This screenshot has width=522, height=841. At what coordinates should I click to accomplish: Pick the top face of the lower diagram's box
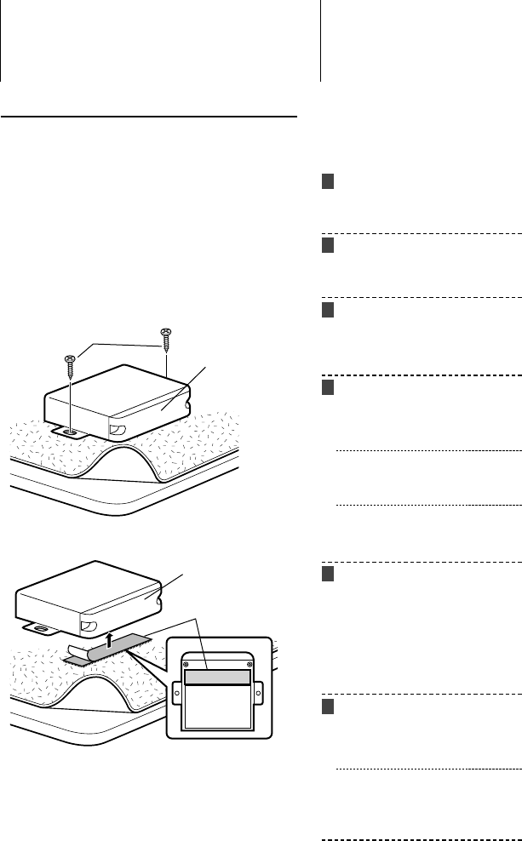(x=85, y=583)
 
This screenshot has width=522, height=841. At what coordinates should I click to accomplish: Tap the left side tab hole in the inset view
(x=177, y=693)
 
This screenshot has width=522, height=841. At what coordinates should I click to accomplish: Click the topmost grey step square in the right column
(x=328, y=183)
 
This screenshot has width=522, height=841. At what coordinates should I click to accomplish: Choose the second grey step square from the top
(x=328, y=246)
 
